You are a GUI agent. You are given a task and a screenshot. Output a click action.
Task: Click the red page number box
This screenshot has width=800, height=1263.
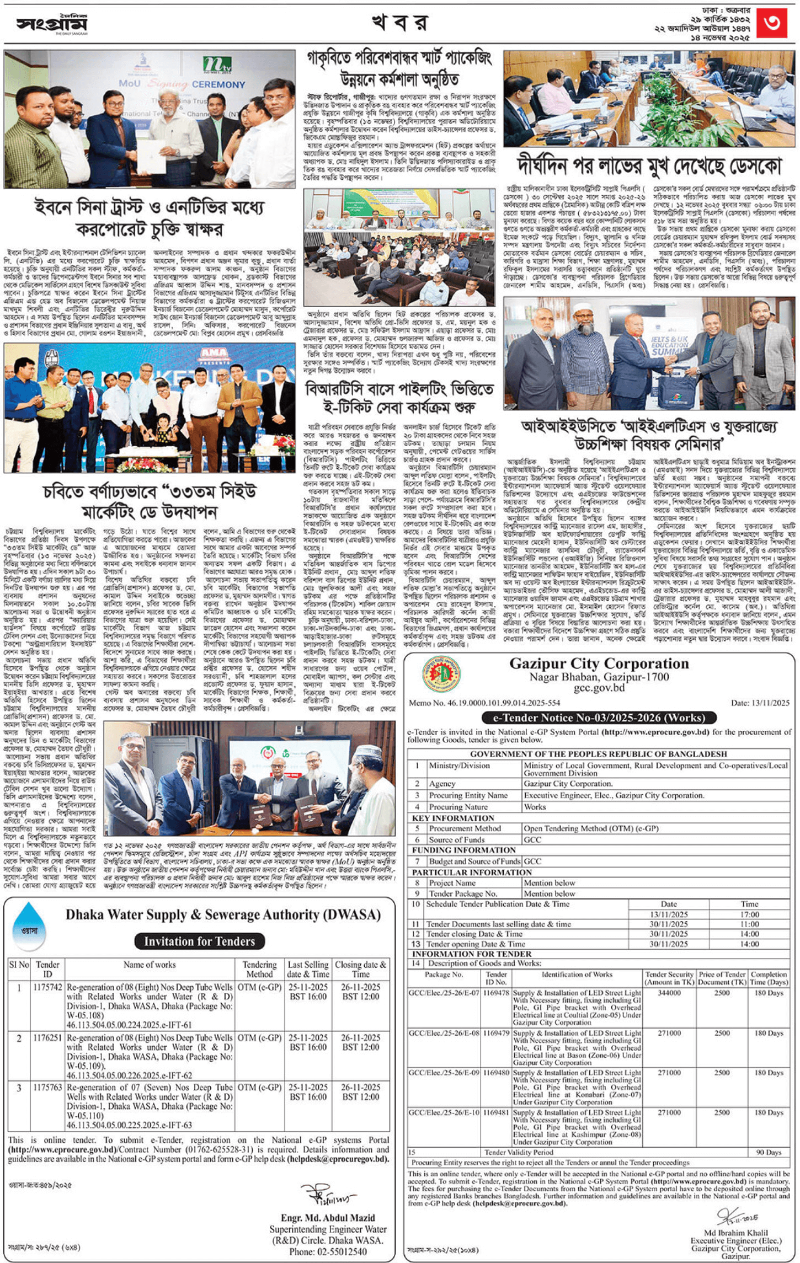[771, 24]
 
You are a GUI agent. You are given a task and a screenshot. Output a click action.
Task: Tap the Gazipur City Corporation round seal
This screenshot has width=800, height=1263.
[441, 674]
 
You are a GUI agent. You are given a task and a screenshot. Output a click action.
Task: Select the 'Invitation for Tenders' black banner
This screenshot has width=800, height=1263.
[199, 941]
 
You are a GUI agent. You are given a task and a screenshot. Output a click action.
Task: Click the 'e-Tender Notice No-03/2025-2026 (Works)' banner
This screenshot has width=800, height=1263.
[599, 718]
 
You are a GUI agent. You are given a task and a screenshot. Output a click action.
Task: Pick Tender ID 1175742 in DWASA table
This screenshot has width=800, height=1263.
[47, 987]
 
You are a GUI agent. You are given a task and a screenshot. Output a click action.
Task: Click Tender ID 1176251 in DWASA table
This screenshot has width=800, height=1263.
[47, 1037]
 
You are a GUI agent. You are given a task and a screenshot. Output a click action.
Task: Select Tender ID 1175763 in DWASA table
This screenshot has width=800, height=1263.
[47, 1087]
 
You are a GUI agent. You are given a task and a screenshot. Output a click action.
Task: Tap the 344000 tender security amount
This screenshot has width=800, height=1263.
[669, 993]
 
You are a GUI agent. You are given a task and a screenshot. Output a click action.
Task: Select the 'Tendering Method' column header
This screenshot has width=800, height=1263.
[259, 969]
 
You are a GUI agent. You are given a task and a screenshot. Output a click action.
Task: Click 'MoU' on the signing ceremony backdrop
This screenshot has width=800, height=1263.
[130, 84]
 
